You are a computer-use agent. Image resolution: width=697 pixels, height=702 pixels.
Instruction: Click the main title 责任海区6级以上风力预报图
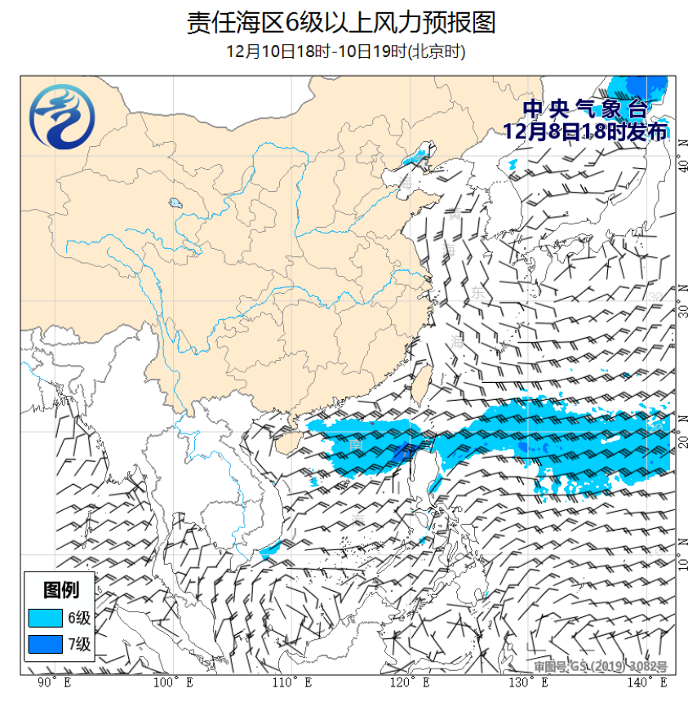click(x=340, y=22)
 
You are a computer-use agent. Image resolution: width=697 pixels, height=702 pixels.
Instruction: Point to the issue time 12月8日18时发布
click(x=585, y=131)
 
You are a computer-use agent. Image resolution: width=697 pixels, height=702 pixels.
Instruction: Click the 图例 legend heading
click(x=61, y=589)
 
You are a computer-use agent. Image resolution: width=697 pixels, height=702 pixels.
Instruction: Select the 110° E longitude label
click(x=291, y=682)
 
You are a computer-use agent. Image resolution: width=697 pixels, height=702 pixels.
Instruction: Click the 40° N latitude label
click(x=684, y=166)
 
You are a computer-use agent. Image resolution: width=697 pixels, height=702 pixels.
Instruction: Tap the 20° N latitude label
click(x=684, y=442)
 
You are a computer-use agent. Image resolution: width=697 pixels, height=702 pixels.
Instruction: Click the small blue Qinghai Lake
click(x=175, y=202)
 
